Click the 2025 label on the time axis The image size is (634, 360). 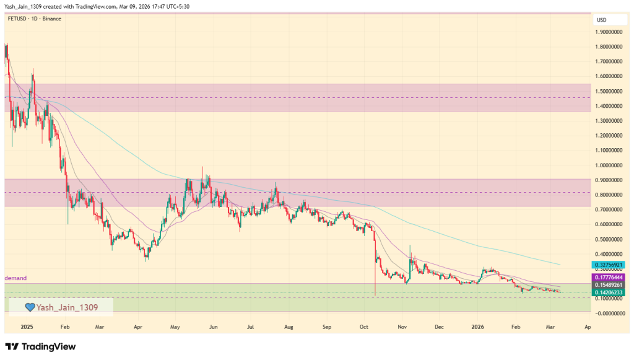(26, 326)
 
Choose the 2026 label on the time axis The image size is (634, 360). (477, 326)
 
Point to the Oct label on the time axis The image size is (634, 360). (364, 326)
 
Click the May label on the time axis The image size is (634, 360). (175, 326)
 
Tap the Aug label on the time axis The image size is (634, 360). (288, 326)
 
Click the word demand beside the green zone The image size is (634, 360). (15, 278)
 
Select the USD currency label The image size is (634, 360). (601, 20)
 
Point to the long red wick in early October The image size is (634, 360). (376, 273)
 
